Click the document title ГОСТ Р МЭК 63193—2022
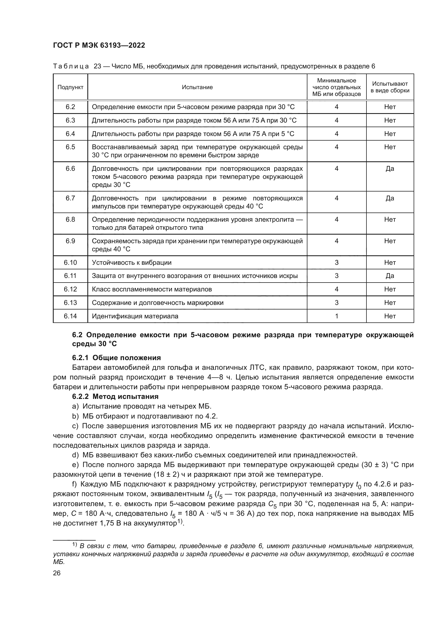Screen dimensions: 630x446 click(x=99, y=45)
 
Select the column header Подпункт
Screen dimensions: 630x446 click(x=70, y=87)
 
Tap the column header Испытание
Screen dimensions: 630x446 click(x=197, y=87)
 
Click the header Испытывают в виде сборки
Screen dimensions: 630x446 click(x=390, y=87)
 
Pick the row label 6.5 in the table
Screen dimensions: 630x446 click(x=70, y=147)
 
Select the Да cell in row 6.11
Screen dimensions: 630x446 click(x=390, y=276)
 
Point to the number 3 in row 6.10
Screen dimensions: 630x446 click(x=337, y=263)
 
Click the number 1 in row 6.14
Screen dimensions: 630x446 click(x=337, y=316)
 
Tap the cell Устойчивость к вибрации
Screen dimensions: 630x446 click(x=132, y=263)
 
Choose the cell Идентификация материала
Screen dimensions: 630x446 click(x=135, y=316)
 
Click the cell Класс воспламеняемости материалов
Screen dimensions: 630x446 click(x=152, y=289)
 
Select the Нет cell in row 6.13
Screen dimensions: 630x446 click(x=390, y=303)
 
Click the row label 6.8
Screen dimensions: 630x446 click(x=70, y=220)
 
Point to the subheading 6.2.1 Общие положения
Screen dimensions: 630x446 click(x=116, y=358)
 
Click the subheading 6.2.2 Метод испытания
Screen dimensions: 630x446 click(x=115, y=396)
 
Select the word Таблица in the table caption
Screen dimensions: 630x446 click(x=71, y=67)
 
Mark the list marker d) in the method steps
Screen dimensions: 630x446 click(x=75, y=455)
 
